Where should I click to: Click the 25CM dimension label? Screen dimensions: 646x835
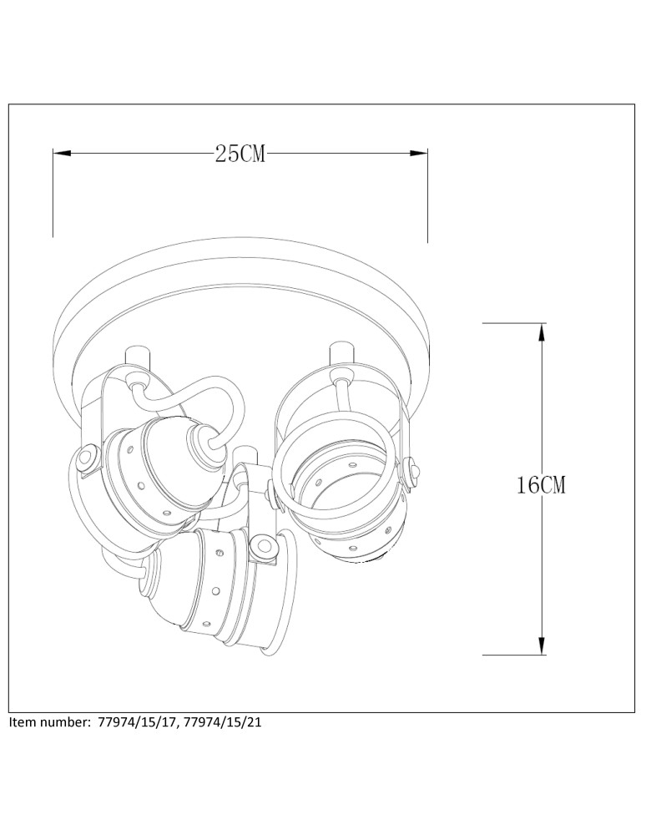(240, 154)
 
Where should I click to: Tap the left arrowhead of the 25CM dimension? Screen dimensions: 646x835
(63, 154)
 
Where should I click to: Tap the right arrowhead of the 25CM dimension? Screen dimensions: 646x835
(419, 154)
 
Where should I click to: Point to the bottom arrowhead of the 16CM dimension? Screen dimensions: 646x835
(541, 645)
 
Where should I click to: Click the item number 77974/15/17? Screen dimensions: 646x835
(138, 722)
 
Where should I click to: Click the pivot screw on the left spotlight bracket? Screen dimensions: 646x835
(86, 458)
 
